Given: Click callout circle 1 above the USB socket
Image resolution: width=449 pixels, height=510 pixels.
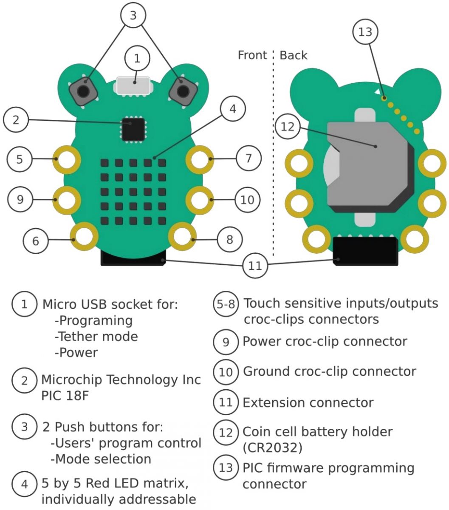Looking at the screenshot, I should tap(137, 59).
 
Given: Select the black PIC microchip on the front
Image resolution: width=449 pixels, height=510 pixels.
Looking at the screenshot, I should tap(133, 129).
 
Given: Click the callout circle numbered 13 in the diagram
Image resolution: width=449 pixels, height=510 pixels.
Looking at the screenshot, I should tap(365, 32).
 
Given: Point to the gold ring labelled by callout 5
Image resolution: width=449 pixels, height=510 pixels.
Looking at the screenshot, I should tap(67, 159).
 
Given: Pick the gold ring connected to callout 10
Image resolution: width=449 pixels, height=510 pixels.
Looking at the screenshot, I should tap(199, 199).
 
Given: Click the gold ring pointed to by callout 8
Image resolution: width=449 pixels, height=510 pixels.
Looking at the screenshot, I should tap(182, 238).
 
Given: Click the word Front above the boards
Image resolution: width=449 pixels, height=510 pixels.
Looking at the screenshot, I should tap(252, 55).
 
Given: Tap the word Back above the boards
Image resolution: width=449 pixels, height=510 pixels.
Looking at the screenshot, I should tap(294, 55).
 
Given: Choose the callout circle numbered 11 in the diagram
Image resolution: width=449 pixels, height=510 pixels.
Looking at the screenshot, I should tap(255, 266).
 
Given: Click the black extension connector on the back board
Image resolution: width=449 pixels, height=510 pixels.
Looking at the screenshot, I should tap(366, 251).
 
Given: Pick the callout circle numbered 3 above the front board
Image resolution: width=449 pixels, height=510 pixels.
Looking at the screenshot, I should tap(133, 16).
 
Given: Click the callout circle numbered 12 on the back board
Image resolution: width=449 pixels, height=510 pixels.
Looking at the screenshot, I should tap(288, 127).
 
